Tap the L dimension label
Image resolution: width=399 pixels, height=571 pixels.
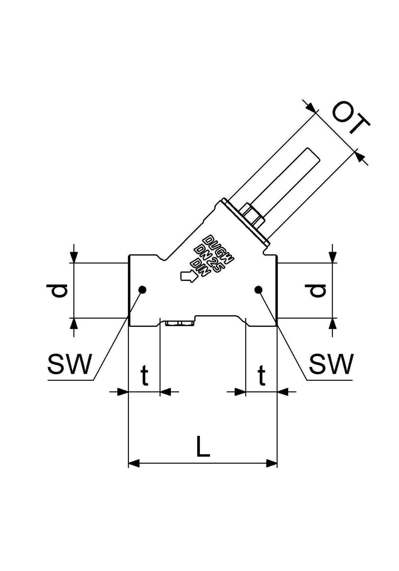coord(203,447)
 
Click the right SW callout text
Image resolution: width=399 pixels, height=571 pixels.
coord(331,364)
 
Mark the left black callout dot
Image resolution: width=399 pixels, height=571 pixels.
coord(142,290)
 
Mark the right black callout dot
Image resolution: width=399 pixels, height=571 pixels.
coord(258,290)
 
